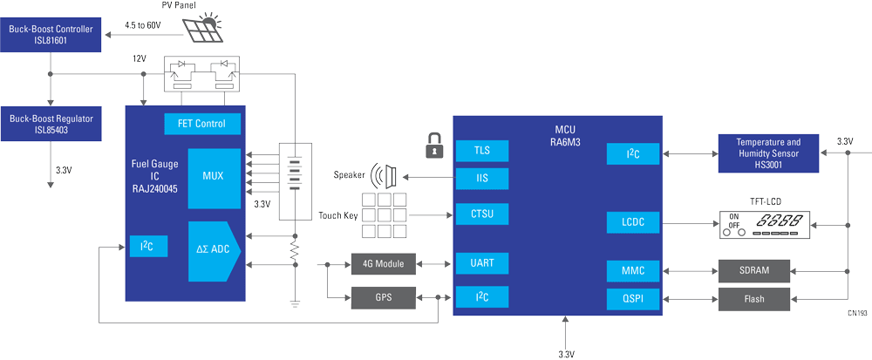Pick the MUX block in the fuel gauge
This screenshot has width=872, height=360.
(x=212, y=175)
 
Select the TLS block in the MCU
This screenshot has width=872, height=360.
(x=481, y=150)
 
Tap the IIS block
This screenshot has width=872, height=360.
(x=481, y=179)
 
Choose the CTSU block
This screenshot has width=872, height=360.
(x=481, y=213)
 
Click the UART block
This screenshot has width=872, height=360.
(x=481, y=262)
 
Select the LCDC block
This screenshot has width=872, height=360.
(x=633, y=222)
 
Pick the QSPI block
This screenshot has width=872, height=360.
(x=633, y=299)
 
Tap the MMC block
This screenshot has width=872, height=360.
(x=633, y=270)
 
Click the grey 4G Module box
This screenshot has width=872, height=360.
(x=383, y=262)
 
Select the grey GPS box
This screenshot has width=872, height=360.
(x=383, y=297)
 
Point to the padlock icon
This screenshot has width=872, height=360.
(x=431, y=146)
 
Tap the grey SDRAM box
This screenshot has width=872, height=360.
(x=754, y=270)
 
